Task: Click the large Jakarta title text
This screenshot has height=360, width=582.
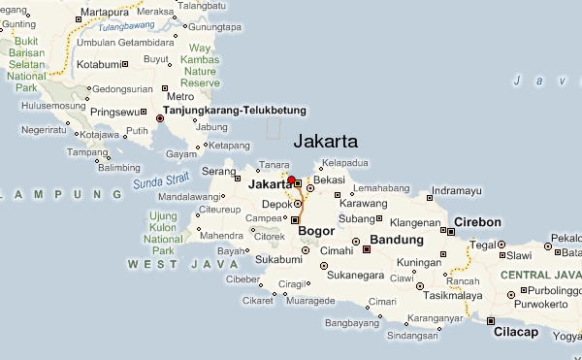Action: (x=325, y=141)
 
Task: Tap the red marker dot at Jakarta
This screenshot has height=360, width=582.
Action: (x=292, y=180)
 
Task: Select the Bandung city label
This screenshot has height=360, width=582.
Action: (x=398, y=240)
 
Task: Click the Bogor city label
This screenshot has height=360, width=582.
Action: (x=316, y=232)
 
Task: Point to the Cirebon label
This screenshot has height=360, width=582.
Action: (x=477, y=222)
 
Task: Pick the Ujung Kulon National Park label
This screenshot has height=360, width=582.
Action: (x=162, y=232)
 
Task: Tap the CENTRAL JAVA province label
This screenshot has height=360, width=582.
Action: (x=539, y=276)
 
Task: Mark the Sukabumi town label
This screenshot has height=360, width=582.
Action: (x=278, y=260)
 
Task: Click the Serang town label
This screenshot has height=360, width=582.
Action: (x=218, y=171)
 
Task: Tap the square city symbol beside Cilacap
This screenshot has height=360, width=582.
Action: (x=491, y=321)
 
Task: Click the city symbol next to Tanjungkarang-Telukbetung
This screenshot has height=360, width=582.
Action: (x=159, y=118)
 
